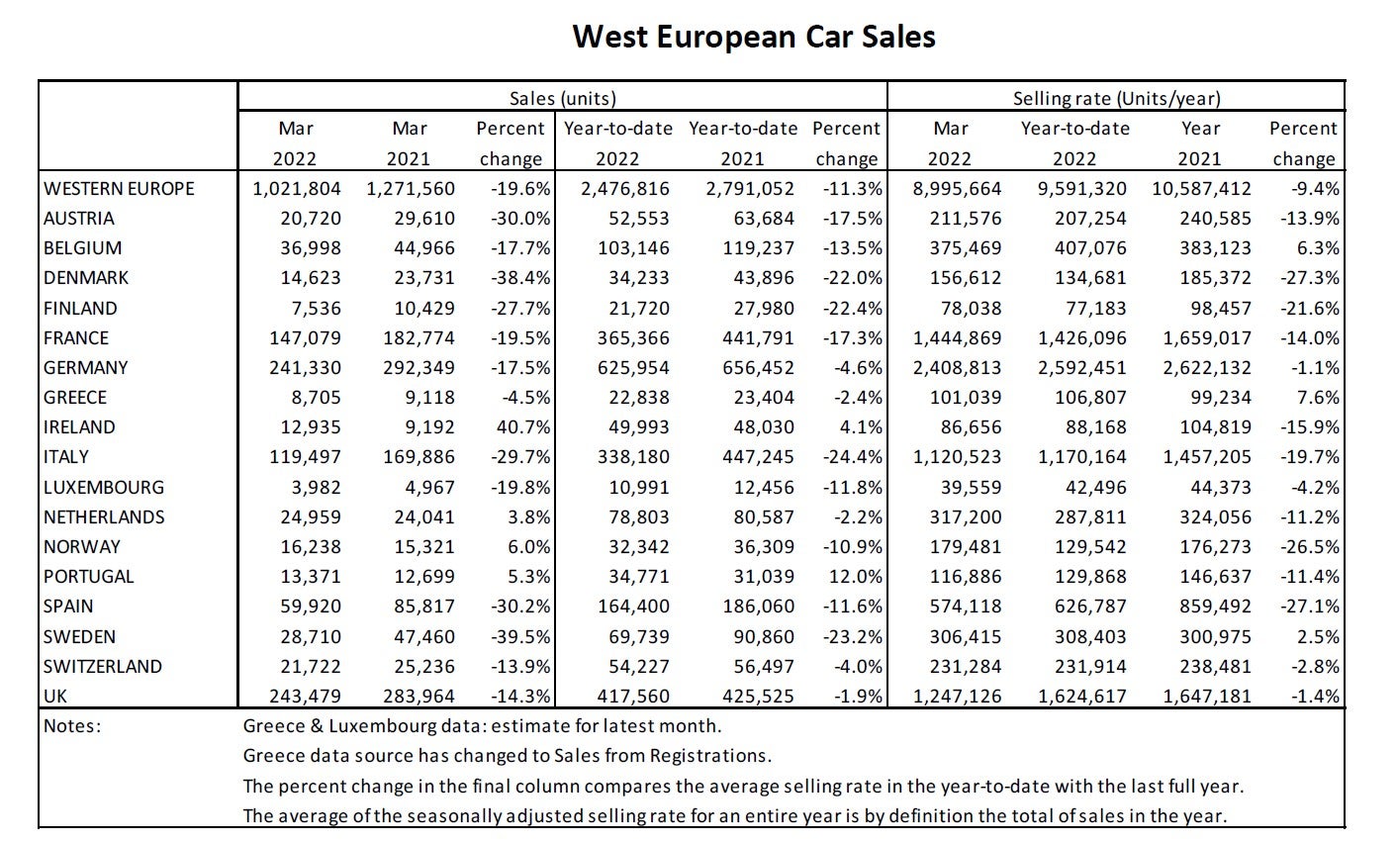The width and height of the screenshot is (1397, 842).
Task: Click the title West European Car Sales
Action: pos(754,37)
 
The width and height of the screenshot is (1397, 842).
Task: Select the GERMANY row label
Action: pos(86,368)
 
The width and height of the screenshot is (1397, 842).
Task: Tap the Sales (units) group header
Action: pos(562,98)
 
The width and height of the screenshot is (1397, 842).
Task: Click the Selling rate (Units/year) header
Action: pos(1116,98)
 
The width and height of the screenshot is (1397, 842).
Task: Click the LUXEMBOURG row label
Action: pos(104,488)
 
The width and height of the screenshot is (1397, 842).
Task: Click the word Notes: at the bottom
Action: pos(73,726)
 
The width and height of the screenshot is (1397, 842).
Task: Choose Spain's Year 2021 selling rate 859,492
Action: pos(1215,607)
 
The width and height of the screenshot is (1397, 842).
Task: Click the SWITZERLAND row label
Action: pos(103,667)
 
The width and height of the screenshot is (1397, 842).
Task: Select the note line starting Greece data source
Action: pos(507,757)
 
